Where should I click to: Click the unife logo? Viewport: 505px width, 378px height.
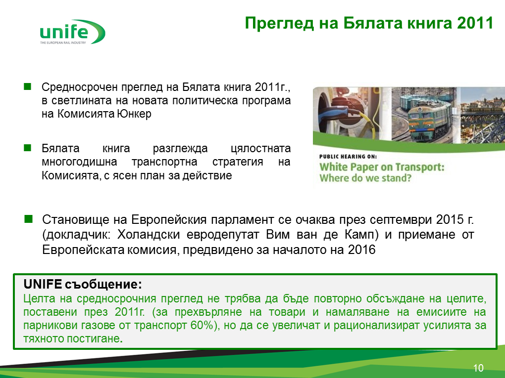click(x=72, y=32)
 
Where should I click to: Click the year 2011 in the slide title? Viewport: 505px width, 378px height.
click(x=475, y=23)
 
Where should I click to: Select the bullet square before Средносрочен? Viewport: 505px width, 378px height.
click(x=27, y=86)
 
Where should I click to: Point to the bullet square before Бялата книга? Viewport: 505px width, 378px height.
click(x=27, y=148)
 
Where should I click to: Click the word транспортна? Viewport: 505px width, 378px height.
click(x=164, y=162)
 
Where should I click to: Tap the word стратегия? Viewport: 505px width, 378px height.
click(x=238, y=162)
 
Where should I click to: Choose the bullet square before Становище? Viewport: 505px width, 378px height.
click(x=29, y=219)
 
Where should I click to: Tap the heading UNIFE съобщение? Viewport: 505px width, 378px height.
click(x=83, y=284)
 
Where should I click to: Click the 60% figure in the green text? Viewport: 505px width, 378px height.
click(x=202, y=325)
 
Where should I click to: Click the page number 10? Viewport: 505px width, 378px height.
click(x=478, y=368)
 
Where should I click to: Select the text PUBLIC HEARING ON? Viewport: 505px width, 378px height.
click(x=348, y=157)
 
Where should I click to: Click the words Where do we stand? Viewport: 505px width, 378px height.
click(x=365, y=178)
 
